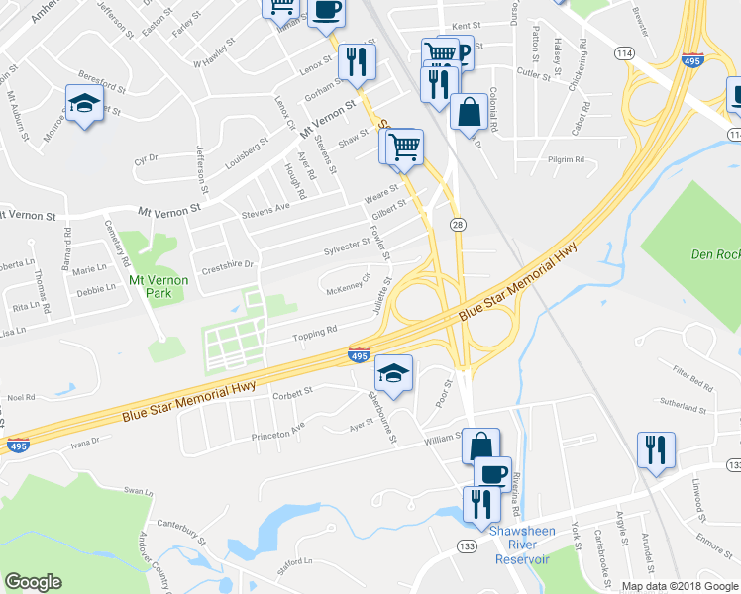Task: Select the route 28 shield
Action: pos(458,226)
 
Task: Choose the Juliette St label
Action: pos(380,296)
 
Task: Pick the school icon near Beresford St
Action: pos(85,104)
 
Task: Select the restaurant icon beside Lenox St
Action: pos(356,61)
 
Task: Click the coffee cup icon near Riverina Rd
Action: pos(492,473)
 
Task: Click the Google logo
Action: pos(33,582)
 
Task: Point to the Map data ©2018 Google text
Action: pos(679,585)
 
